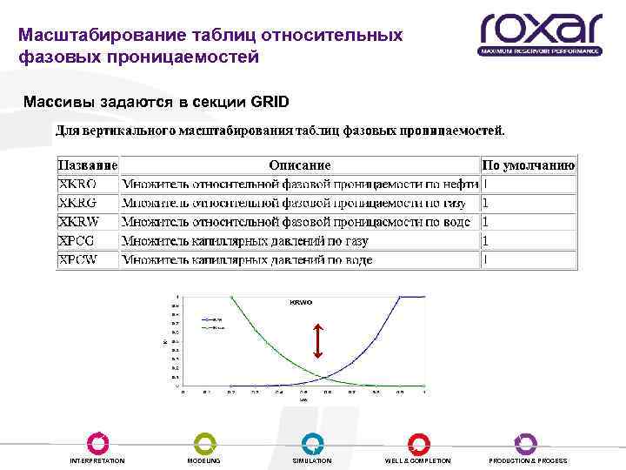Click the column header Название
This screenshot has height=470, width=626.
[88, 165]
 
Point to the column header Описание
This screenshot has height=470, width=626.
[300, 165]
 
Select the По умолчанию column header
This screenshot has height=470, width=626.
[529, 165]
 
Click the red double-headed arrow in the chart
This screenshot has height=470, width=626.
[318, 341]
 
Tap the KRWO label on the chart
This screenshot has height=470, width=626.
[300, 302]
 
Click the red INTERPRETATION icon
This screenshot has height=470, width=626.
[97, 442]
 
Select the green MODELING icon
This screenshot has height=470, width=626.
[204, 442]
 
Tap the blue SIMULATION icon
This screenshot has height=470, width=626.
[312, 442]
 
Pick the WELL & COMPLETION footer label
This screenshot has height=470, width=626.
[418, 460]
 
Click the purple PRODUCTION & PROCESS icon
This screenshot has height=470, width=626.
[526, 442]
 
